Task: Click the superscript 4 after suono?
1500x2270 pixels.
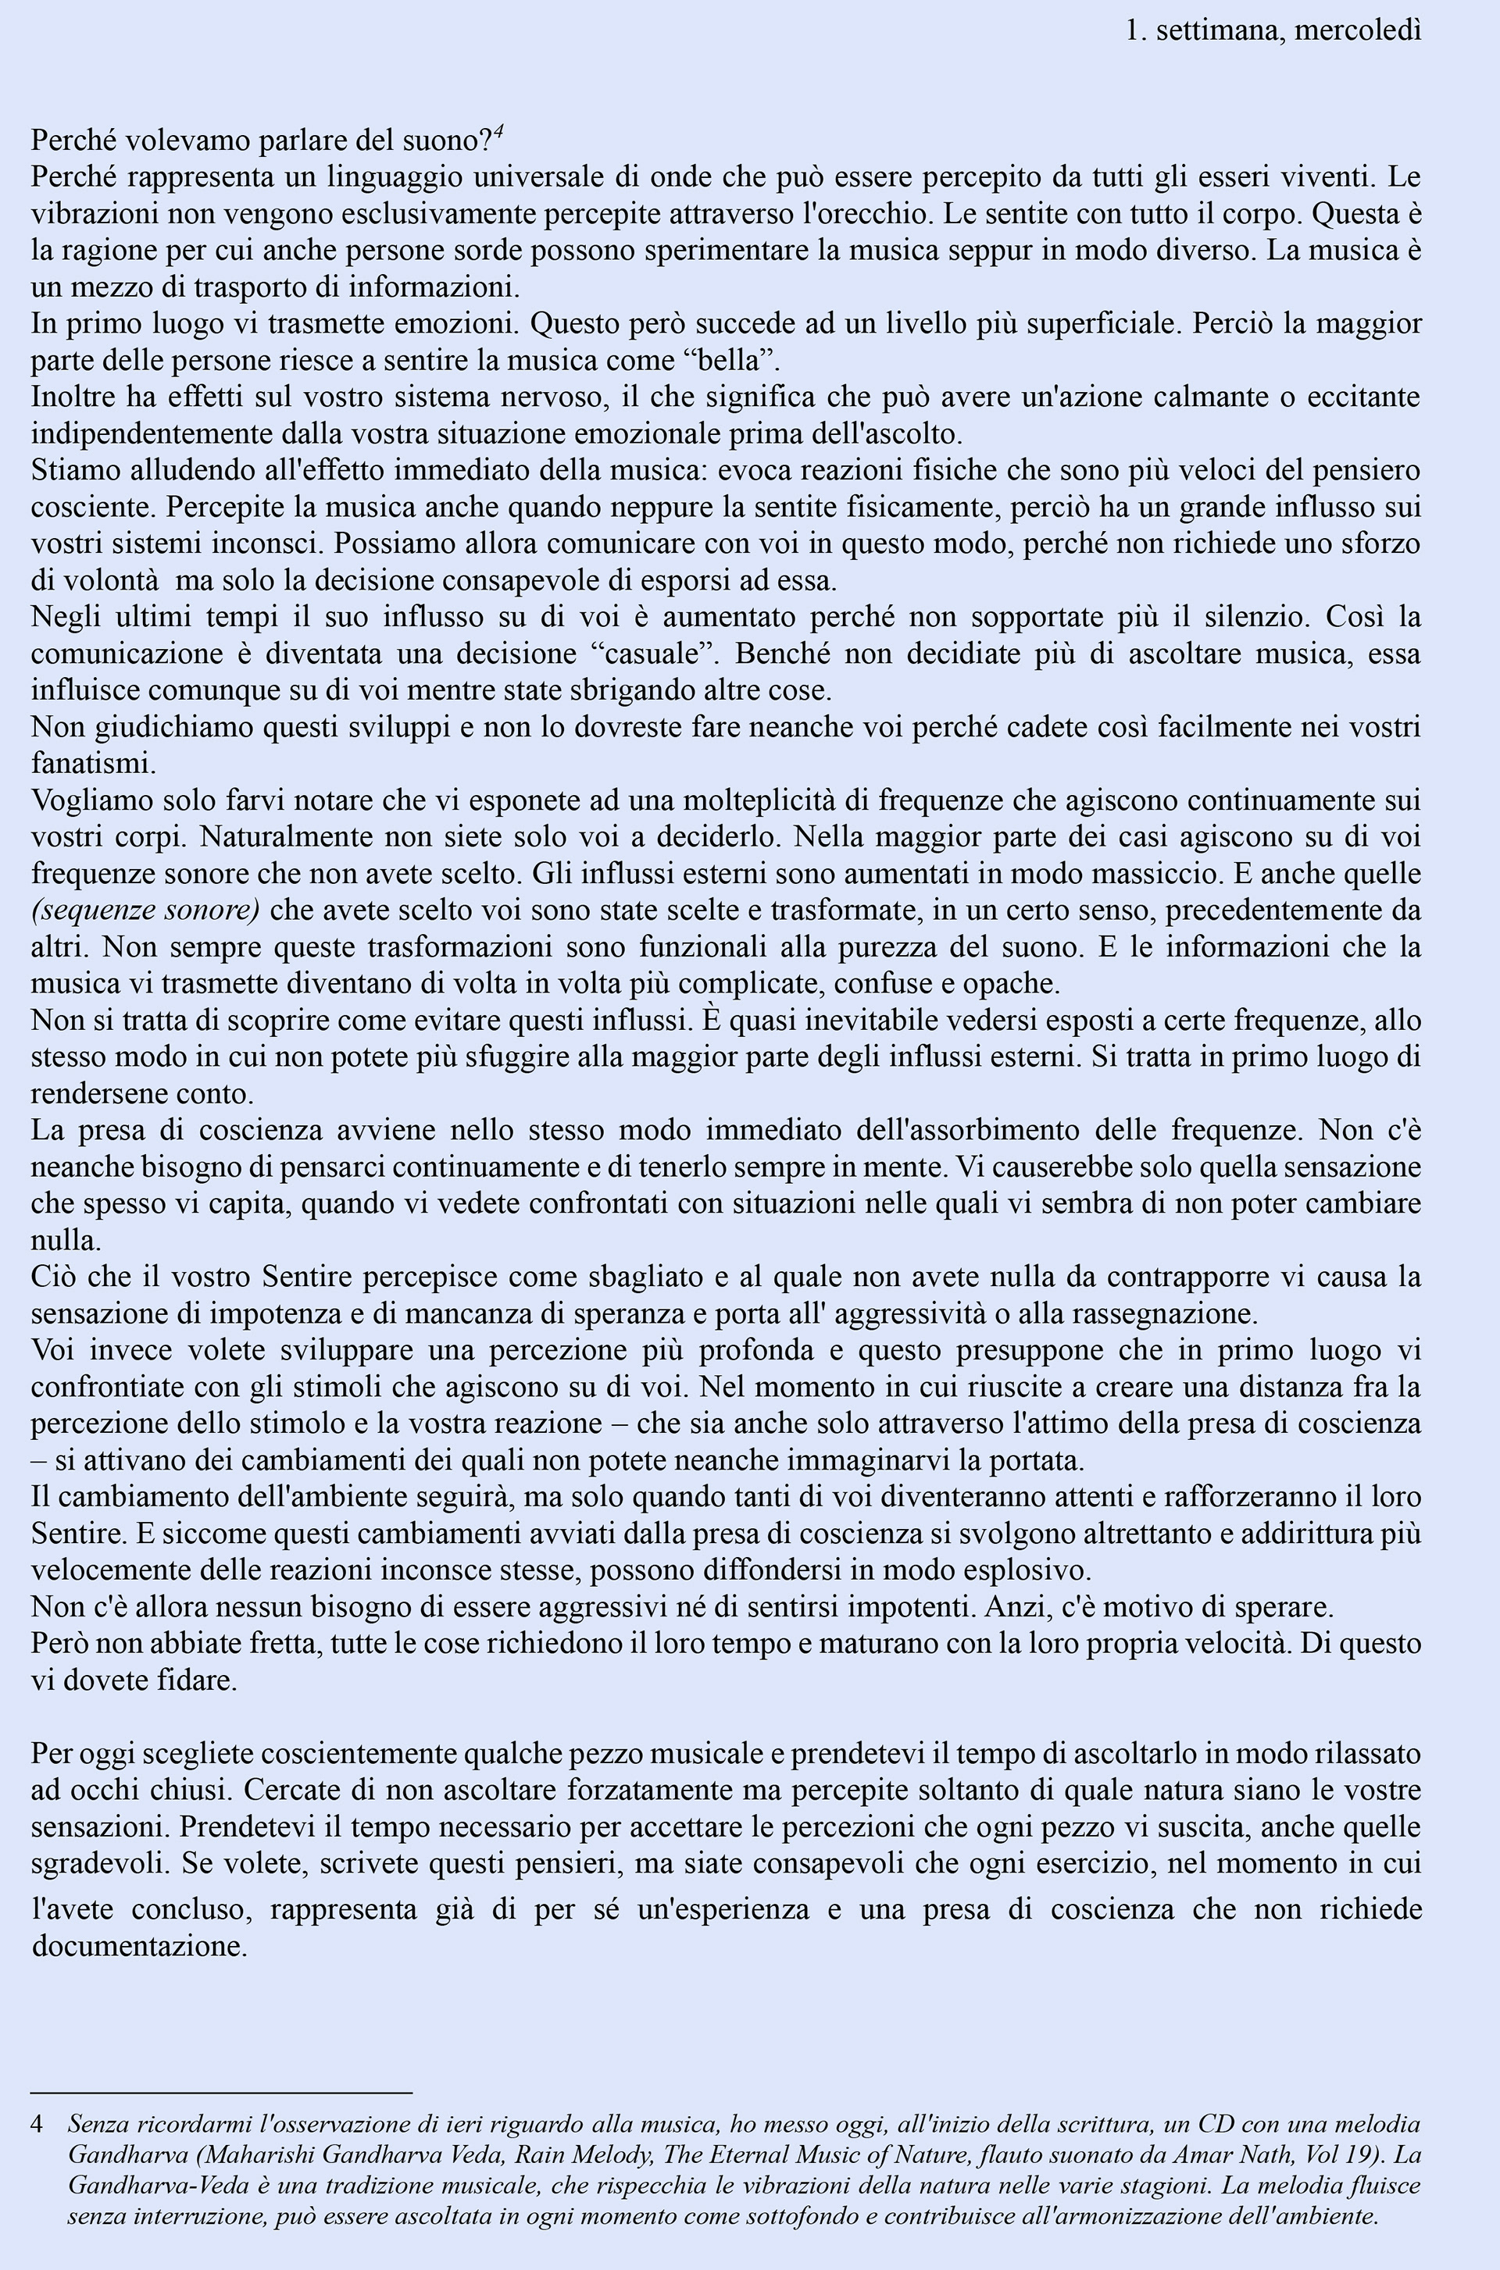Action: (498, 134)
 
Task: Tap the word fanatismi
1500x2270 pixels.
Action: (92, 764)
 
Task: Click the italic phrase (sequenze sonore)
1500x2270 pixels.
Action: (145, 910)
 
